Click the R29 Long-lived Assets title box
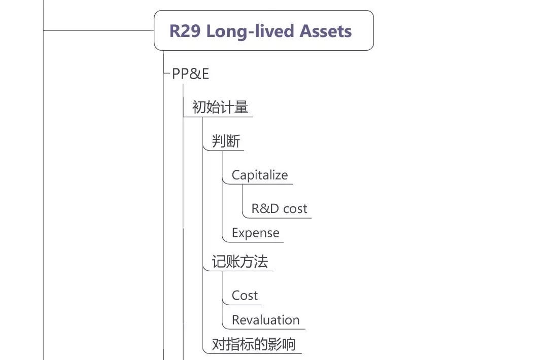click(x=264, y=30)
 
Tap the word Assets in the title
click(x=326, y=31)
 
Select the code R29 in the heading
click(x=185, y=31)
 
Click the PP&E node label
click(x=190, y=74)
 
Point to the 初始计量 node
click(x=220, y=107)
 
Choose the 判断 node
click(x=226, y=141)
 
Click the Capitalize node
click(x=260, y=175)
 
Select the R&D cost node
click(x=279, y=208)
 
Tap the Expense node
click(x=255, y=233)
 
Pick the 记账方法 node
click(x=239, y=262)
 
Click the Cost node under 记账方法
click(x=245, y=296)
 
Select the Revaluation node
click(x=265, y=320)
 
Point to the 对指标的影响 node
click(x=254, y=344)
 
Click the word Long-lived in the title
click(x=250, y=31)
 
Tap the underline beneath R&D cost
click(x=277, y=218)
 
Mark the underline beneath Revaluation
click(x=264, y=329)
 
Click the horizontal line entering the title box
click(x=98, y=30)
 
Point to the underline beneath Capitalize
click(x=258, y=184)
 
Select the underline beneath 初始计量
click(x=218, y=117)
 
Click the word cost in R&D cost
click(x=295, y=209)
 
